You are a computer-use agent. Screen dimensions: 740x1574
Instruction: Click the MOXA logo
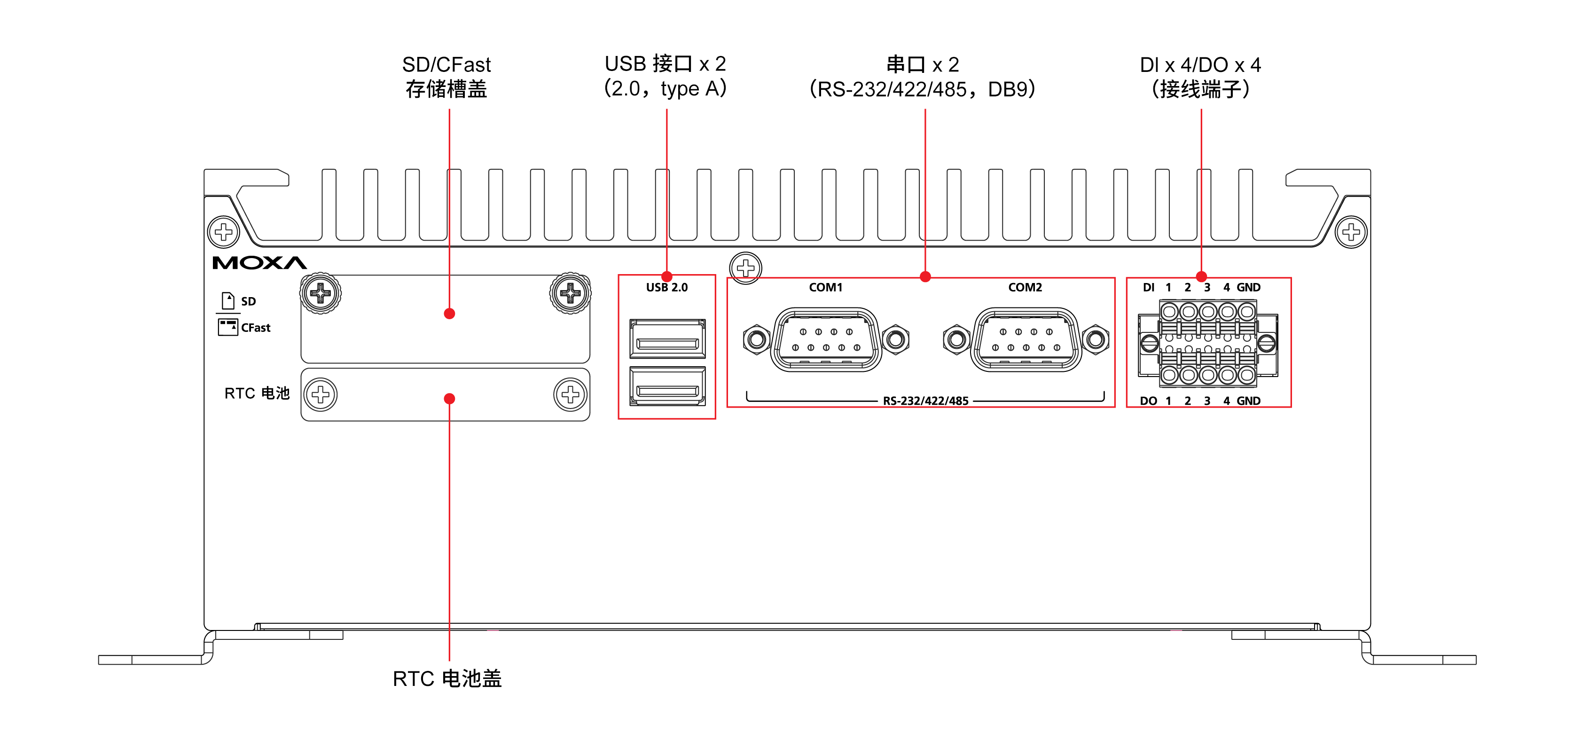(259, 263)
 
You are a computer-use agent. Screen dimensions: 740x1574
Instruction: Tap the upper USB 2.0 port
(667, 339)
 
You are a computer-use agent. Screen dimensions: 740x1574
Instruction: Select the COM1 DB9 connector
(826, 340)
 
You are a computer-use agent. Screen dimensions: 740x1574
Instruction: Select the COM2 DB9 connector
(1026, 340)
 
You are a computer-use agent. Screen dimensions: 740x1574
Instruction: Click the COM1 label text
(825, 287)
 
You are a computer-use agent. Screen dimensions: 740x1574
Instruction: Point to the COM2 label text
(1025, 287)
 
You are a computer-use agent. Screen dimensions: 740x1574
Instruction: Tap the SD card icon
(228, 300)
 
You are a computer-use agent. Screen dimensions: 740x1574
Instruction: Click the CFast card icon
(227, 327)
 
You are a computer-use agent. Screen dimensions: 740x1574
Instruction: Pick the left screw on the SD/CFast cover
(320, 294)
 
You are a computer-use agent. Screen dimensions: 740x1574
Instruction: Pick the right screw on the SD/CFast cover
(570, 294)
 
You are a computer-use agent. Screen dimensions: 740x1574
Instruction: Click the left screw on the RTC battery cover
(320, 395)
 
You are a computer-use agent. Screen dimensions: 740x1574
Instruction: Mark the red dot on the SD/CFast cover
(449, 314)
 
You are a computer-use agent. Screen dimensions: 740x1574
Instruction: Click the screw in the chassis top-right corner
(1351, 232)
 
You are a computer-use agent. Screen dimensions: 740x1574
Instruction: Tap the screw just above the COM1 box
(745, 268)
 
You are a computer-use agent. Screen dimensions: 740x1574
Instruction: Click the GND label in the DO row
(1248, 401)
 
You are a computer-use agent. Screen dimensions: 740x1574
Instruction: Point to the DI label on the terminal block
(1148, 287)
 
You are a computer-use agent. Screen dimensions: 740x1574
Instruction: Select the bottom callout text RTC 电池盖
(446, 678)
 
